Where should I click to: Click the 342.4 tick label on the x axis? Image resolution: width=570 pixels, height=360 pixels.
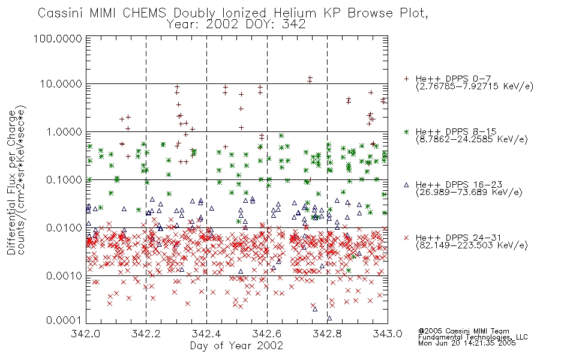pos(206,333)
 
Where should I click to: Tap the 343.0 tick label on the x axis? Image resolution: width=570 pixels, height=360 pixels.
pos(388,333)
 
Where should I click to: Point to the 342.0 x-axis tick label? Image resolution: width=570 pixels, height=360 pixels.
pos(86,333)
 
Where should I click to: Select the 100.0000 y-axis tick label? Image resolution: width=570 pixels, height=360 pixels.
pos(58,38)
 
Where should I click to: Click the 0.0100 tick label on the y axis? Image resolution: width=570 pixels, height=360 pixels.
pos(64,228)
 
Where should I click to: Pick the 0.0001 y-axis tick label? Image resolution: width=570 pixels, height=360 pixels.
pos(64,320)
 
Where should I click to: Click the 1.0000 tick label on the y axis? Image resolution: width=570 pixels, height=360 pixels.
pos(64,131)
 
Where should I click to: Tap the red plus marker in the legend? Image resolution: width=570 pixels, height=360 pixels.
pos(406,79)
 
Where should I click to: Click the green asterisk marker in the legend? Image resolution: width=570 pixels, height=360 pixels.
pos(406,131)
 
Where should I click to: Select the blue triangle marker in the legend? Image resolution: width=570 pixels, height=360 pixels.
pos(406,185)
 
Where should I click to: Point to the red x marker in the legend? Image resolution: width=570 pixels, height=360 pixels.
pos(406,238)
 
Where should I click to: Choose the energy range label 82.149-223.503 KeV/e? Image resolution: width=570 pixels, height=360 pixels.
pos(472,245)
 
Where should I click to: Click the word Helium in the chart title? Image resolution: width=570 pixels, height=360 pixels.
pos(295,13)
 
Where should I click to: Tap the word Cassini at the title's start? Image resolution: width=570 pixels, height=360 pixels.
pos(61,13)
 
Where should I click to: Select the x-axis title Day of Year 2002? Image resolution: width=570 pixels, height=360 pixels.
pos(236,345)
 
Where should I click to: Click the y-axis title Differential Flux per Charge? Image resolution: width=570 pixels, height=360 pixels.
pos(11,182)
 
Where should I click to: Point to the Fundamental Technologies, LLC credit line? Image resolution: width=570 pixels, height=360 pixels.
pos(473,337)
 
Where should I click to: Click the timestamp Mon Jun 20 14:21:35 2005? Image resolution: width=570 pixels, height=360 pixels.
pos(467,343)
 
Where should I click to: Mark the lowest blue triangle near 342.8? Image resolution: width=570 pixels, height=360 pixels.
pos(329,318)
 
